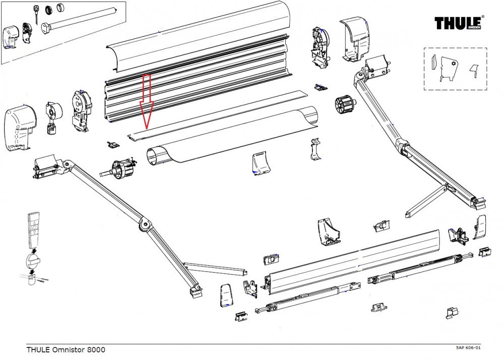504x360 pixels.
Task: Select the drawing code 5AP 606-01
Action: pos(468,348)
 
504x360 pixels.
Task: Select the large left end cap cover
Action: pos(19,127)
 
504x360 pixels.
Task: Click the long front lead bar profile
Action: pos(353,262)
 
